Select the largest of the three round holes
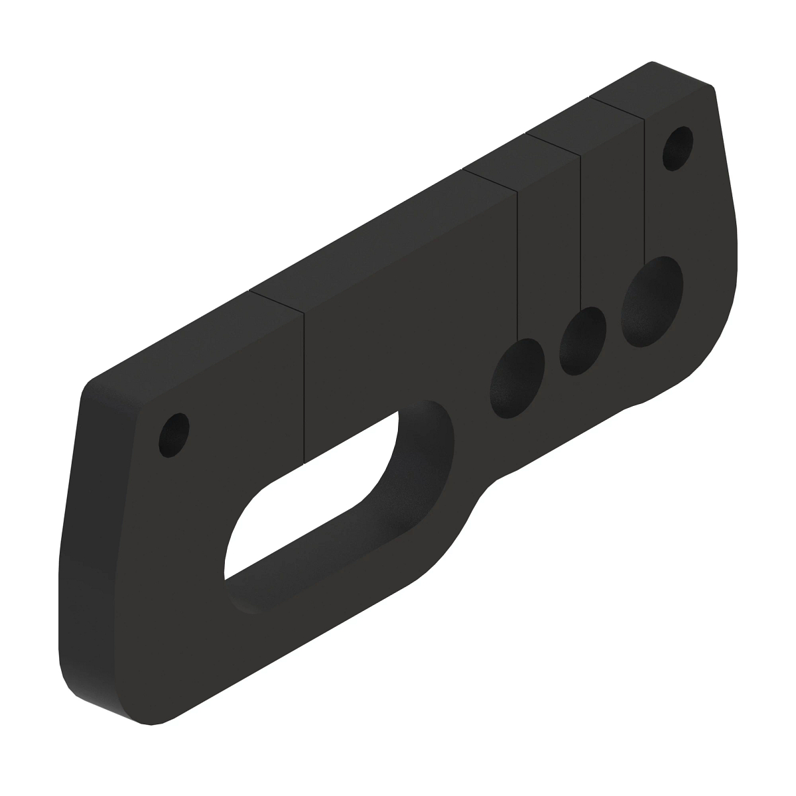[651, 302]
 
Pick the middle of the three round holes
[582, 342]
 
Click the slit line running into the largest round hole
[644, 192]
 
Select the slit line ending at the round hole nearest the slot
[517, 265]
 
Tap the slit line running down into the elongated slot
[304, 385]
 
